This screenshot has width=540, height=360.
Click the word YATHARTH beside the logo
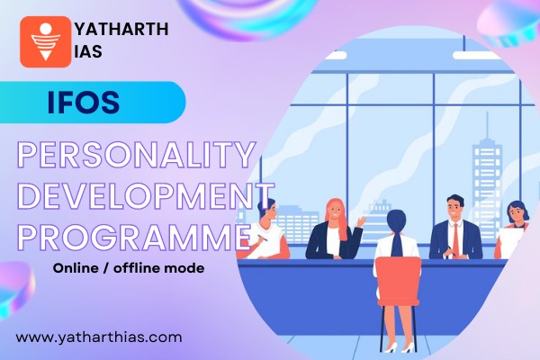[x=121, y=28]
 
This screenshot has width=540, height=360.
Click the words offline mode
[x=170, y=269]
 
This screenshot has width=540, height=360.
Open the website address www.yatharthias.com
[x=99, y=337]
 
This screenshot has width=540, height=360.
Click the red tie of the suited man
[x=456, y=238]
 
